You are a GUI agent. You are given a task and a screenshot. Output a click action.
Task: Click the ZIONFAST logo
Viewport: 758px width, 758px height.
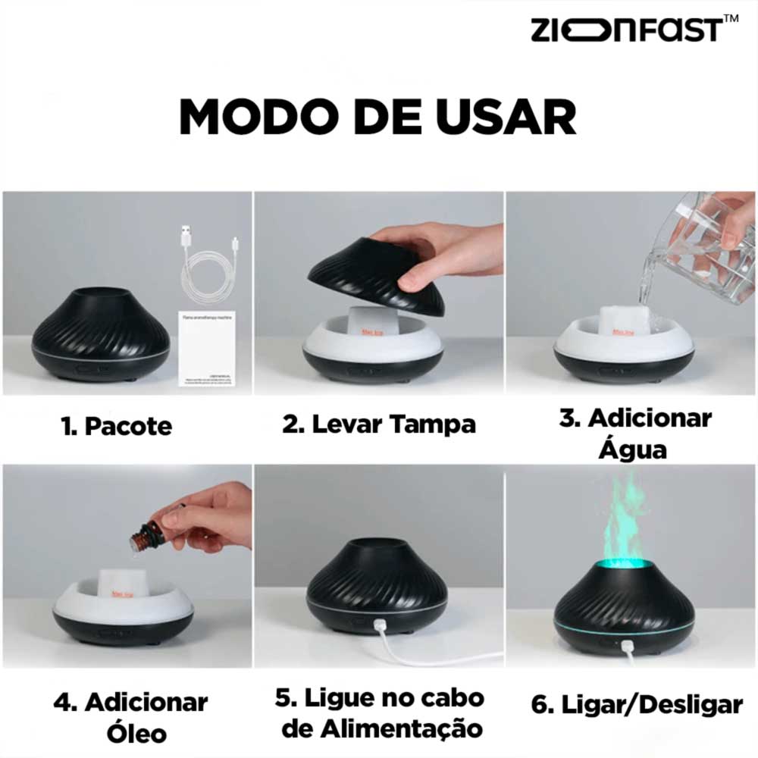tap(625, 30)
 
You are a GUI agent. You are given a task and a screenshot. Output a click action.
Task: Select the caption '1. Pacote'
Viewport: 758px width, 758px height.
tap(117, 426)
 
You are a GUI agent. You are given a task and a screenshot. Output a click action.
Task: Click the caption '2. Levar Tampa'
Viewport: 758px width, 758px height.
tap(379, 424)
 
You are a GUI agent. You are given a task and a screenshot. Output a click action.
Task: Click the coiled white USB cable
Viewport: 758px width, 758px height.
tap(208, 265)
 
